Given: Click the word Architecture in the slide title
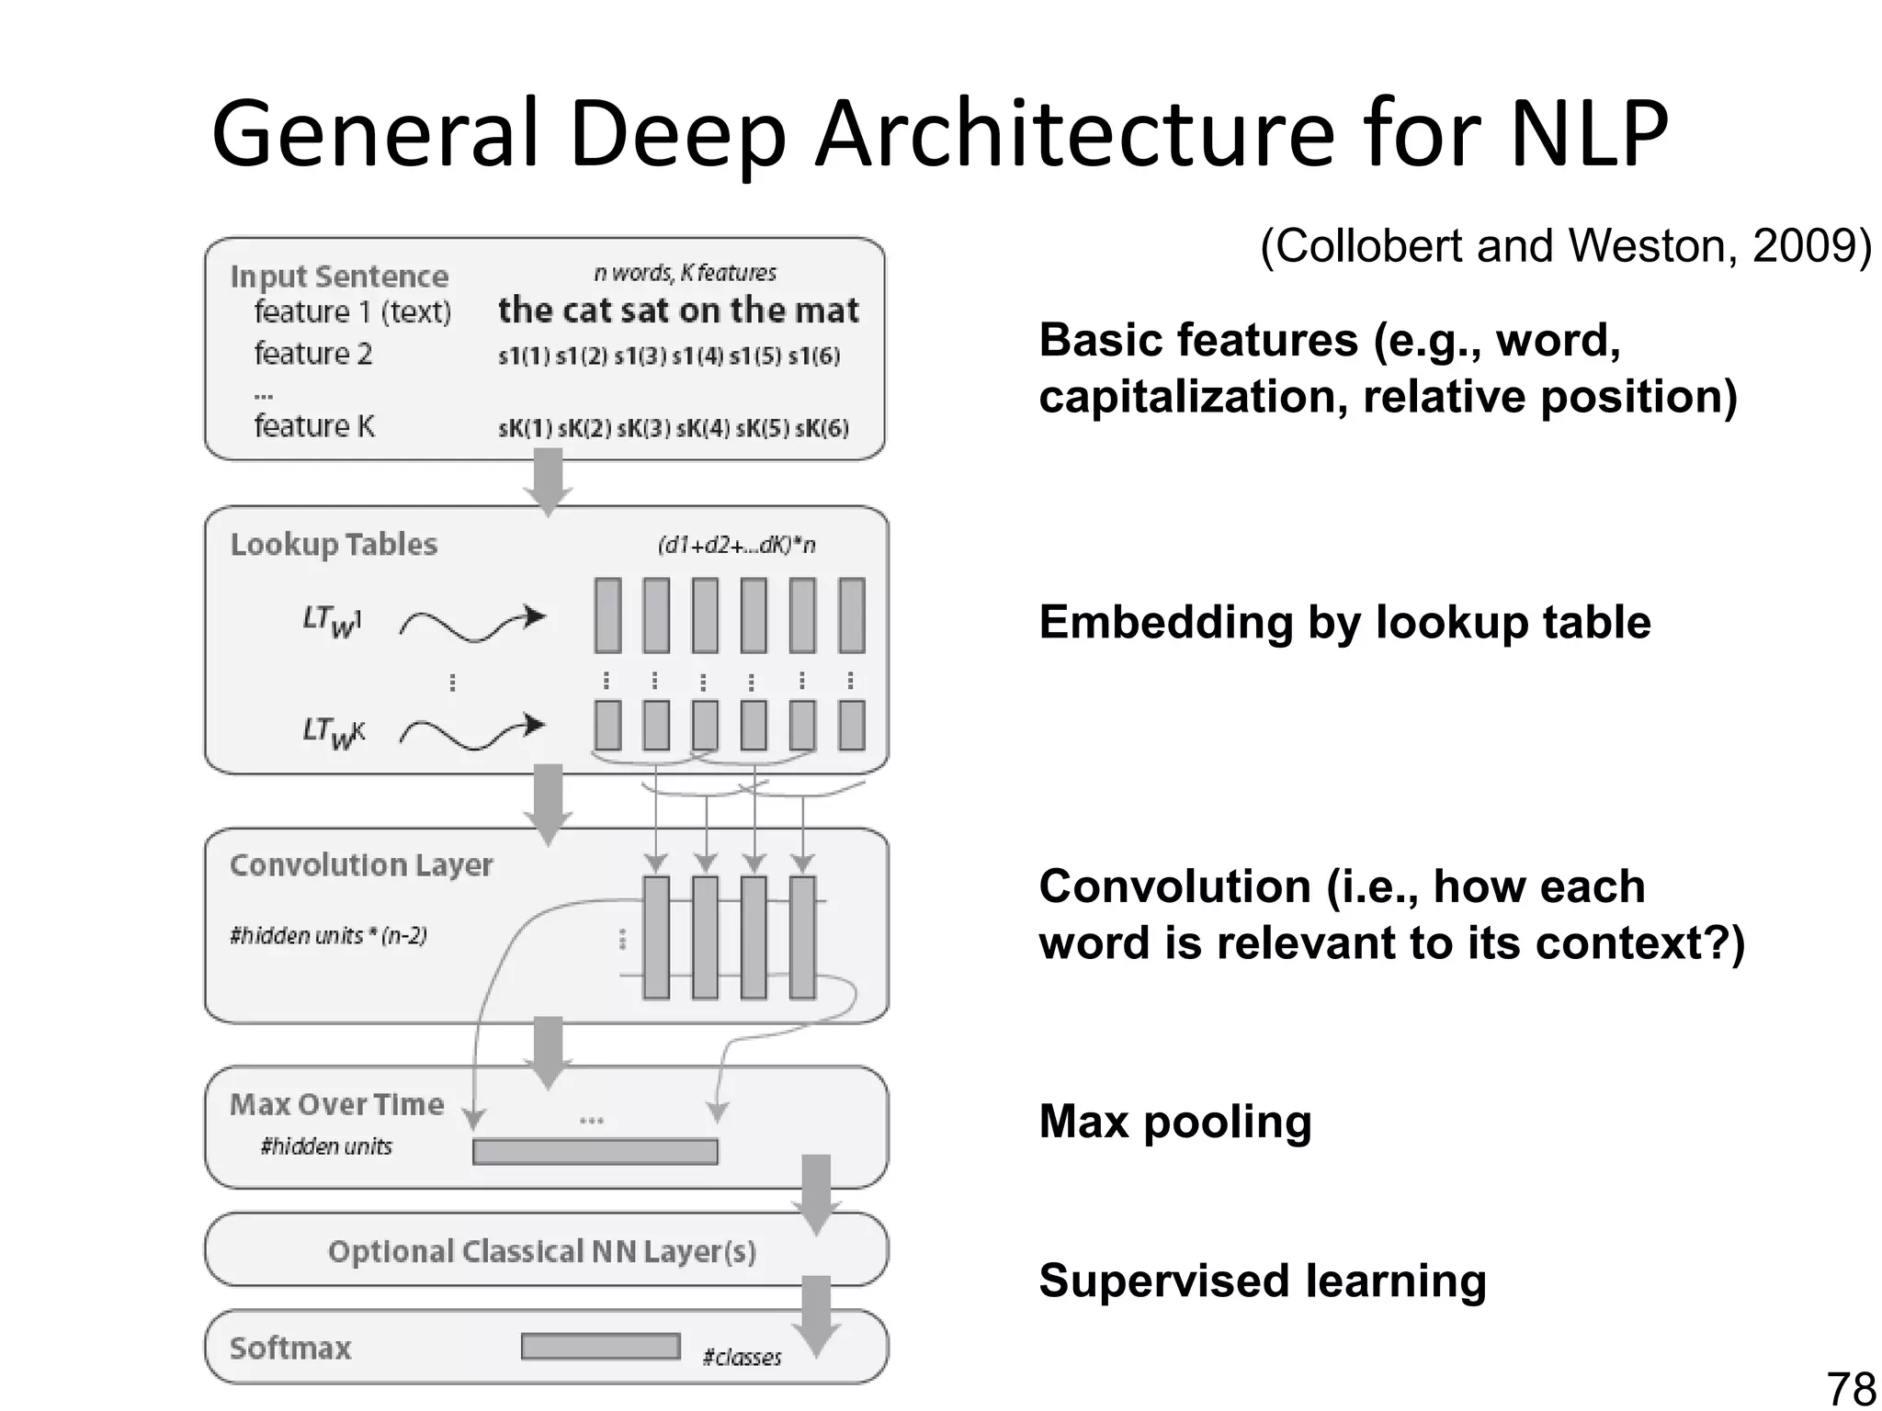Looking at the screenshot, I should pyautogui.click(x=1073, y=135).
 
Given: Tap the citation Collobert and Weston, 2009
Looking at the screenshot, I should pyautogui.click(x=1565, y=246).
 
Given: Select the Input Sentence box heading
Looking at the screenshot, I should pyautogui.click(x=339, y=277).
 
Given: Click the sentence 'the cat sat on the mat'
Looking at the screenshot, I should pyautogui.click(x=678, y=310).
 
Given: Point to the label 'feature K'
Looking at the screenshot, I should pyautogui.click(x=314, y=426).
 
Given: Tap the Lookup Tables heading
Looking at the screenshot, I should pyautogui.click(x=334, y=544).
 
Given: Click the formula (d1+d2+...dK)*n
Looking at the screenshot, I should pyautogui.click(x=736, y=545).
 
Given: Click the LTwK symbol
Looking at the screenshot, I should pyautogui.click(x=334, y=733).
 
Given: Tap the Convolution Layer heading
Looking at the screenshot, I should pyautogui.click(x=361, y=864).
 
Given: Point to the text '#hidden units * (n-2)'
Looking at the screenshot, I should pyautogui.click(x=328, y=935).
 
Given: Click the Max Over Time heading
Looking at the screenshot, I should pyautogui.click(x=336, y=1103).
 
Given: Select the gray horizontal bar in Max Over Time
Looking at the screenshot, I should pyautogui.click(x=595, y=1151).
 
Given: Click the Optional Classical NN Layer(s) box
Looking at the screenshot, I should pyautogui.click(x=542, y=1251).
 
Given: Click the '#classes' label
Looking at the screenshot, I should pyautogui.click(x=742, y=1357).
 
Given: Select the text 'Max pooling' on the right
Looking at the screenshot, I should pyautogui.click(x=1174, y=1122).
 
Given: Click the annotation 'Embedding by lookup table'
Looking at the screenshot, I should pyautogui.click(x=1344, y=622).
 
